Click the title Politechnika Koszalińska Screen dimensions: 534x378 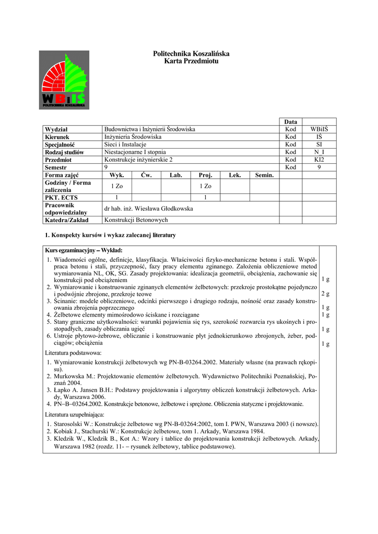(x=191, y=54)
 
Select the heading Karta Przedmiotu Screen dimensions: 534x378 (x=191, y=62)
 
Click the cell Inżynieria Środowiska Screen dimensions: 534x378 (x=133, y=137)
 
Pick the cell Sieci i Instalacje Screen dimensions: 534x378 (x=125, y=144)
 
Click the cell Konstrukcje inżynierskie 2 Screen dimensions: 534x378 (x=138, y=160)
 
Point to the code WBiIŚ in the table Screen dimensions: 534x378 (x=319, y=129)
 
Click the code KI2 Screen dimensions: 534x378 (x=319, y=160)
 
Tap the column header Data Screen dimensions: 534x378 (x=291, y=122)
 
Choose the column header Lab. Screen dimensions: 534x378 (x=175, y=175)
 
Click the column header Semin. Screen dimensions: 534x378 (x=264, y=175)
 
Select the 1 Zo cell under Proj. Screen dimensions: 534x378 (x=205, y=186)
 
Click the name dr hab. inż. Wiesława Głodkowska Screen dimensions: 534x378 (x=149, y=209)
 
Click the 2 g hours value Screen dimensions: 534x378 (x=325, y=294)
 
